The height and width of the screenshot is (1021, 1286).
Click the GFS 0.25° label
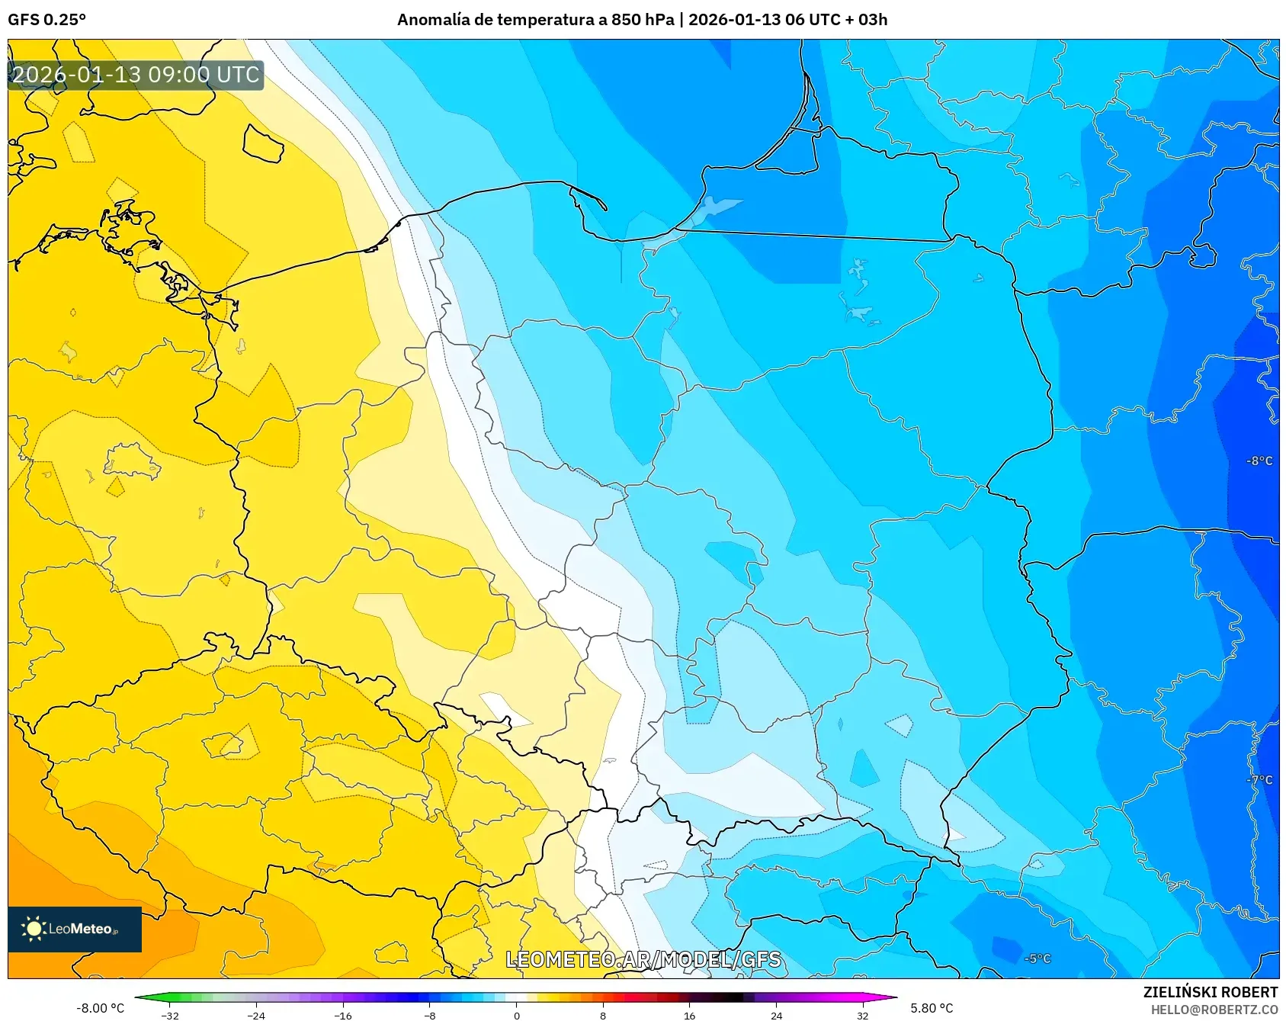(47, 20)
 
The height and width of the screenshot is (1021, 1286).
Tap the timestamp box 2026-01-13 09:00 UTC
(136, 75)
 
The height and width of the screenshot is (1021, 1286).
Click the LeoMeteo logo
(74, 929)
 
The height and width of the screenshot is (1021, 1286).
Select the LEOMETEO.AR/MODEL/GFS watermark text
(643, 959)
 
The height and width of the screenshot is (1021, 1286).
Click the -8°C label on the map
(1259, 461)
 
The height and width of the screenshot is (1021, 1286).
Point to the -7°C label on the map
(1259, 780)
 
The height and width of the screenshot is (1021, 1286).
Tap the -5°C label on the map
(1037, 958)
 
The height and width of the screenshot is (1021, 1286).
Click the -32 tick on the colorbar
(171, 1015)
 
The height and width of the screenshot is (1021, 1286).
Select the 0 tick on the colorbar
(517, 1015)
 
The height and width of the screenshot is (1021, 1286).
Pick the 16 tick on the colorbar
(689, 1015)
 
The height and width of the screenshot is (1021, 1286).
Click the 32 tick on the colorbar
(862, 1015)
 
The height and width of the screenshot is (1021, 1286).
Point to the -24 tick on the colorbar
(257, 1015)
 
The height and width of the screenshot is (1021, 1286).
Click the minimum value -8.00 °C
(100, 1008)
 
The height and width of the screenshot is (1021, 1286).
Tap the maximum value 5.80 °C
(932, 1008)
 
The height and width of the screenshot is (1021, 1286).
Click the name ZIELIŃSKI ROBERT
(1210, 992)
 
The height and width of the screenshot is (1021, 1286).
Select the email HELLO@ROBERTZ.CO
(1214, 1010)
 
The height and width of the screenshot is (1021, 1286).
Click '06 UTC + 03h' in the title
(836, 20)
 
